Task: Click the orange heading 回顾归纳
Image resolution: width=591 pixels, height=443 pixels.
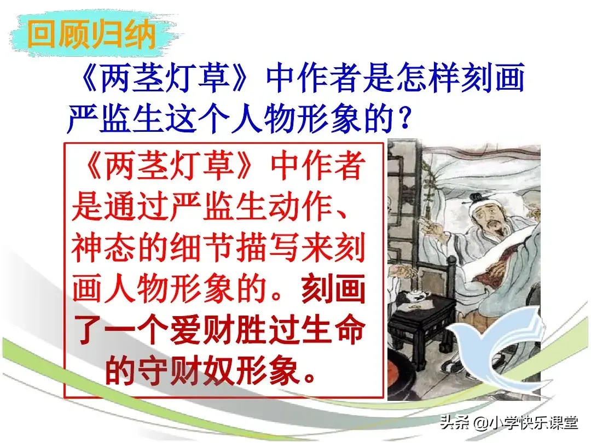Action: [x=91, y=34]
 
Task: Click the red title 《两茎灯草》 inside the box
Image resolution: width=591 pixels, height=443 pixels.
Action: [x=168, y=165]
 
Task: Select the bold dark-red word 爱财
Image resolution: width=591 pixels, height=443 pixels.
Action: [x=202, y=330]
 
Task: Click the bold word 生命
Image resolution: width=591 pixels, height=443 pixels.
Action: [x=333, y=330]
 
